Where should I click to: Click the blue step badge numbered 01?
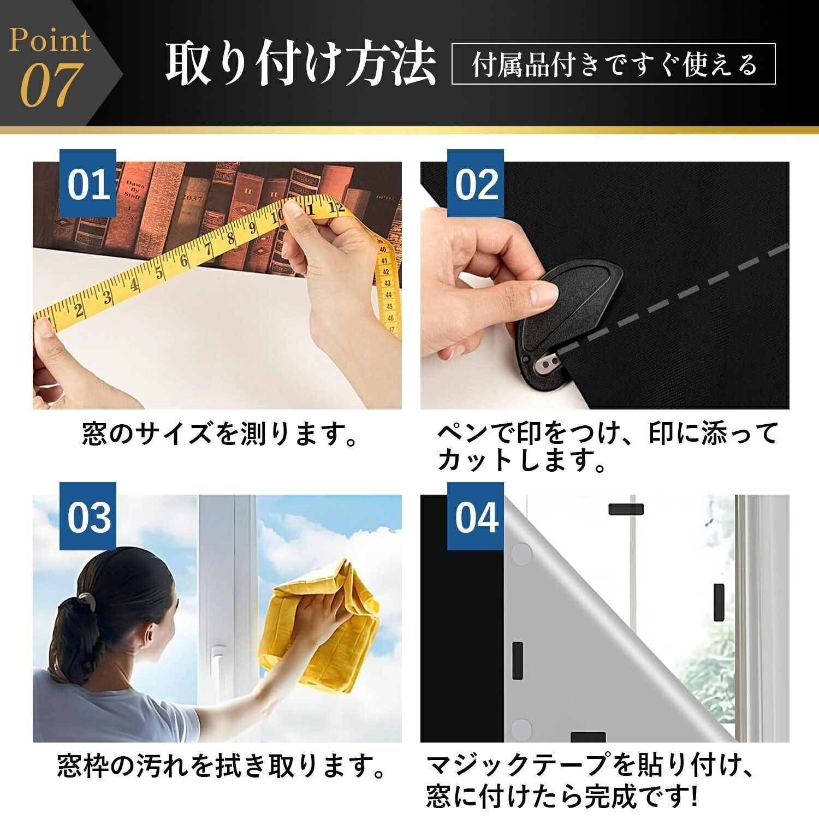[88, 183]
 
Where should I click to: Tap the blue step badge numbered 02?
[476, 183]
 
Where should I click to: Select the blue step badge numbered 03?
[88, 517]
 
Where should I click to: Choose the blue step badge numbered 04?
[476, 517]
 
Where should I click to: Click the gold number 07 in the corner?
[51, 86]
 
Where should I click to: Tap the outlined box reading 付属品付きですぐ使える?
[614, 64]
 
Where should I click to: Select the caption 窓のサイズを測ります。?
[219, 434]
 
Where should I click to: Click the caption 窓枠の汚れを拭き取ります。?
[222, 767]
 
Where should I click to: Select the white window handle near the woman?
[217, 660]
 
